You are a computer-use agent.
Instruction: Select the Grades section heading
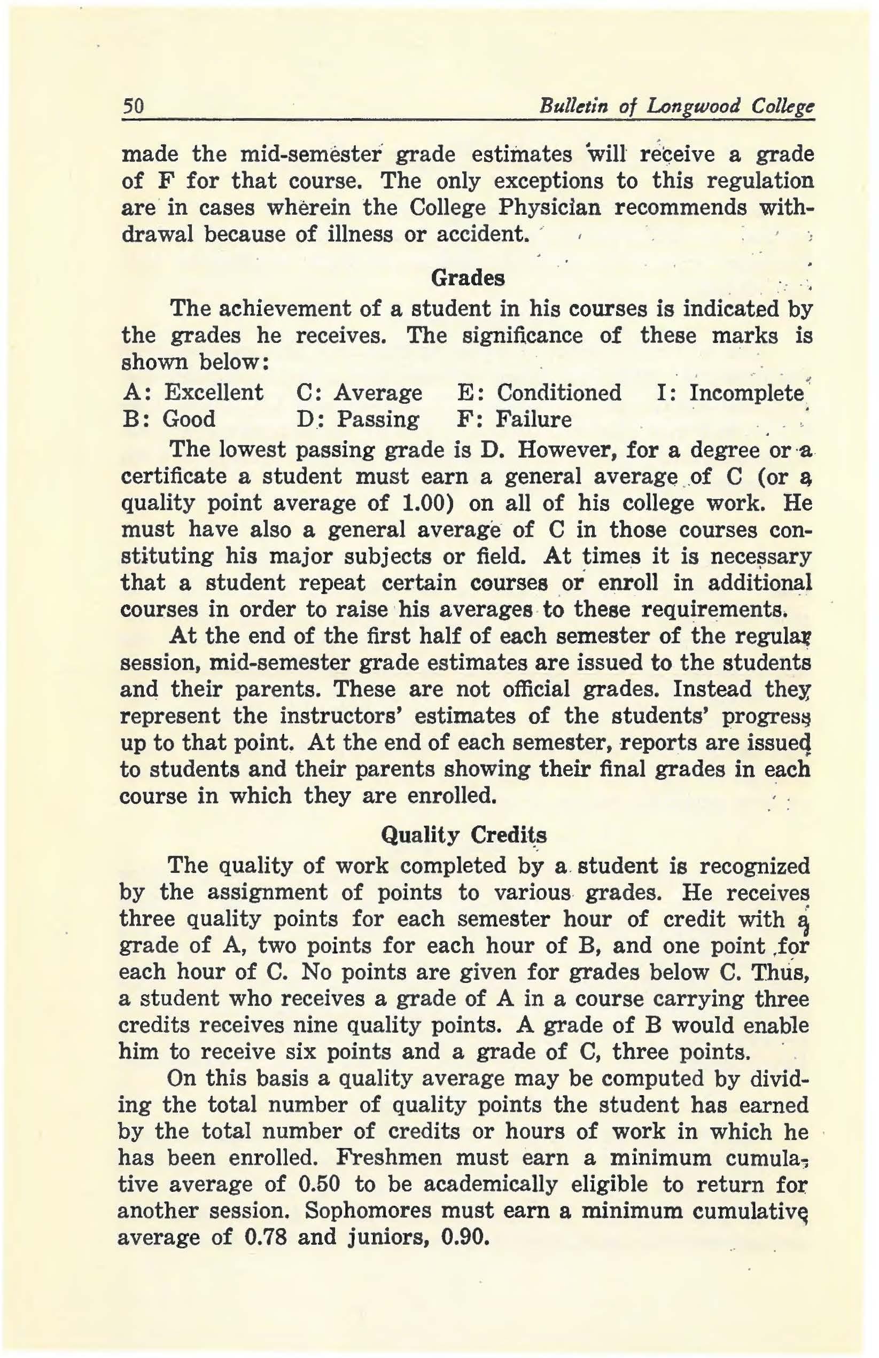point(468,278)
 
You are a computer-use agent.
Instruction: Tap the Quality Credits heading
point(463,836)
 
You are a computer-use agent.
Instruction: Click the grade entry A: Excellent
point(193,393)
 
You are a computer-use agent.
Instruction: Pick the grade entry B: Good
point(169,419)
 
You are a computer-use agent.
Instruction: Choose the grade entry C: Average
point(360,393)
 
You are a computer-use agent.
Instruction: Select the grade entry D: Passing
point(358,419)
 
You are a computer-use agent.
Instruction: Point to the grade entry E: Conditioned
point(539,393)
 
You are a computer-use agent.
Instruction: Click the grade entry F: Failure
point(514,419)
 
